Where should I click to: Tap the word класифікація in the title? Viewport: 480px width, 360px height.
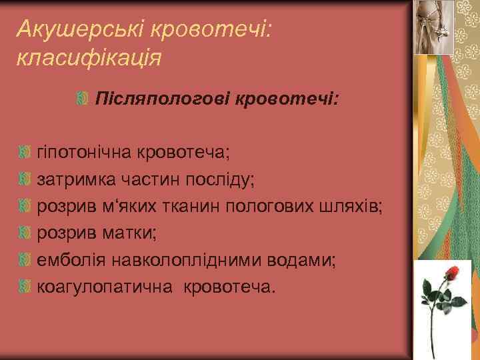[x=87, y=57]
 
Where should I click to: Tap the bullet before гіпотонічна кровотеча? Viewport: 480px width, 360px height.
[x=25, y=153]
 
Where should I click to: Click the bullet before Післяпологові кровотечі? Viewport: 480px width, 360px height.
[x=82, y=100]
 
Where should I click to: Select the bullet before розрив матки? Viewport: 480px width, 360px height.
[x=25, y=233]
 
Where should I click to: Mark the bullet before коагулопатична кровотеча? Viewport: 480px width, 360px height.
[x=25, y=287]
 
